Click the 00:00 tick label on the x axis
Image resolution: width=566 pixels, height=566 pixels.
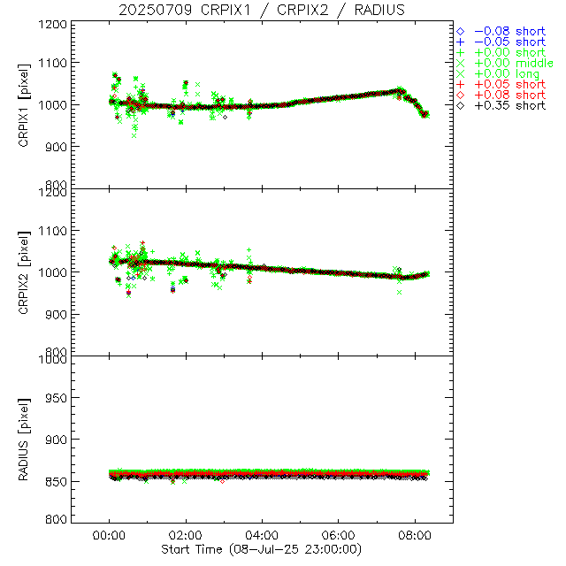click(109, 535)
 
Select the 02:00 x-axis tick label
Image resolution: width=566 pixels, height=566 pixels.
click(186, 535)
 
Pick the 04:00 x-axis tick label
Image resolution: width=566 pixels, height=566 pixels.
click(263, 535)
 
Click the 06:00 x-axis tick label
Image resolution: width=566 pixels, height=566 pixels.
click(339, 535)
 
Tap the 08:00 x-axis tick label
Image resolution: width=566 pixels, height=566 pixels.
click(416, 535)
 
